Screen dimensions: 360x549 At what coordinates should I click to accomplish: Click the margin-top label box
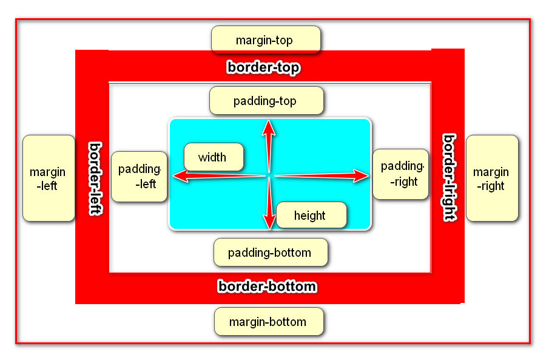(265, 40)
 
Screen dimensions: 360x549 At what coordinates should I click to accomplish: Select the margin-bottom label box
(268, 322)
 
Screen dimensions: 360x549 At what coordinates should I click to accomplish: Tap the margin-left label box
(48, 178)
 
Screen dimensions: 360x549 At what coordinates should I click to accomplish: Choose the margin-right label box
(491, 178)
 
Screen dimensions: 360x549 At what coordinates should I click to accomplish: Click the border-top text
(263, 67)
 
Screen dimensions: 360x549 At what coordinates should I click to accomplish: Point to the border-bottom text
(267, 286)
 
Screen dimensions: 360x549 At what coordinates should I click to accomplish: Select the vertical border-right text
(449, 177)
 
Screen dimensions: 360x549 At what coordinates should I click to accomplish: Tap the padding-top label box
(266, 101)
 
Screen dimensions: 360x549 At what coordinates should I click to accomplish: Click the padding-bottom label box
(270, 252)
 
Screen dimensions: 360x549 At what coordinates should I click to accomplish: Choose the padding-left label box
(139, 176)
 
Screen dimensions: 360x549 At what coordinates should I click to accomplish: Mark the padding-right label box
(400, 174)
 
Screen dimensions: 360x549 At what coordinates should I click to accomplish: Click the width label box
(213, 157)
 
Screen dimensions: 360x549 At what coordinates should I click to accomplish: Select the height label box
(311, 216)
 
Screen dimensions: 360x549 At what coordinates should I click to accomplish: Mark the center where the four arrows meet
(268, 176)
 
